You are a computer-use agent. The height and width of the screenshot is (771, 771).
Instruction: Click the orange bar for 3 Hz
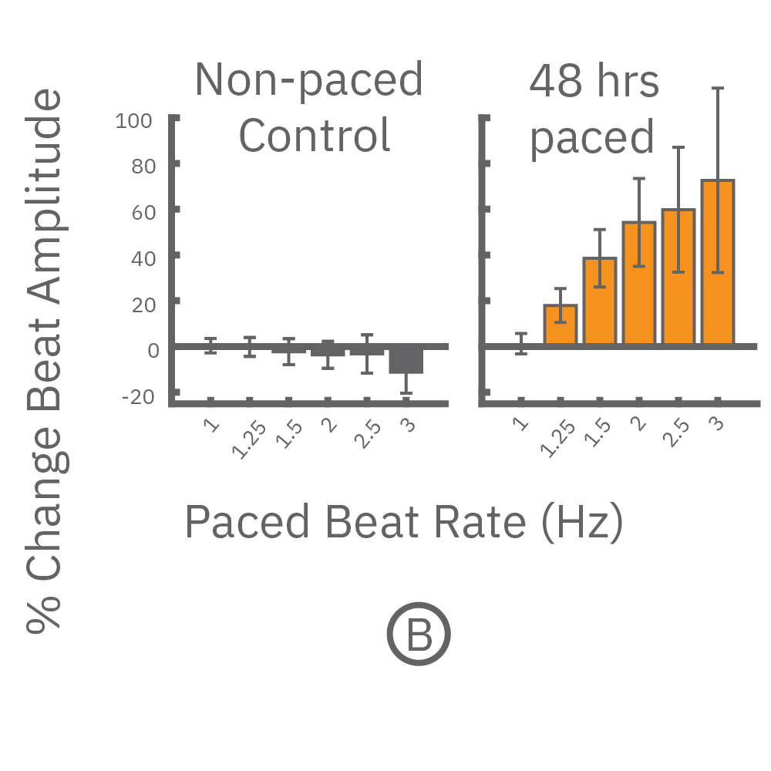pos(718,262)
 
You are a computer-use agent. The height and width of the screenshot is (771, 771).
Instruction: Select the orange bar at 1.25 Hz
pos(561,325)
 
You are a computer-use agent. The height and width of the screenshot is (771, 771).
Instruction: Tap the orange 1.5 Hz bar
pos(600,301)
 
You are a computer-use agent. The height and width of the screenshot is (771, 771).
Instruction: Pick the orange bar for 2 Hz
pos(639,283)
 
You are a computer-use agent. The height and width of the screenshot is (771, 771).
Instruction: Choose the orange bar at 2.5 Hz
pos(678,277)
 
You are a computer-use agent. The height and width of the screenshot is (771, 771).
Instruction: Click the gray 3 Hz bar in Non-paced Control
pos(406,360)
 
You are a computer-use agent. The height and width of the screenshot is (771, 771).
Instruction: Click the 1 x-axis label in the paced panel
pos(520,423)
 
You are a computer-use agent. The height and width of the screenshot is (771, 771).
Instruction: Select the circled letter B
pos(418,636)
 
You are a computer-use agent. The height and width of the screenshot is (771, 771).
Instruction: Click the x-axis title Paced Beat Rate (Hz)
pos(403,523)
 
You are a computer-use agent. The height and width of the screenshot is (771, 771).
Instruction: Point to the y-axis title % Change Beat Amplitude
pos(45,362)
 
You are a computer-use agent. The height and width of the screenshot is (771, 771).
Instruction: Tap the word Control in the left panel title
pos(314,135)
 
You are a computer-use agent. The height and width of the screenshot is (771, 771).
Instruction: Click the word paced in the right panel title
pos(591,138)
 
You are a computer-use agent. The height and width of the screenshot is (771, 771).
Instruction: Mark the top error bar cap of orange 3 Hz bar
pos(718,89)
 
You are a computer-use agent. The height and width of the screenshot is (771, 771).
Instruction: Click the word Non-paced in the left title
pos(308,79)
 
